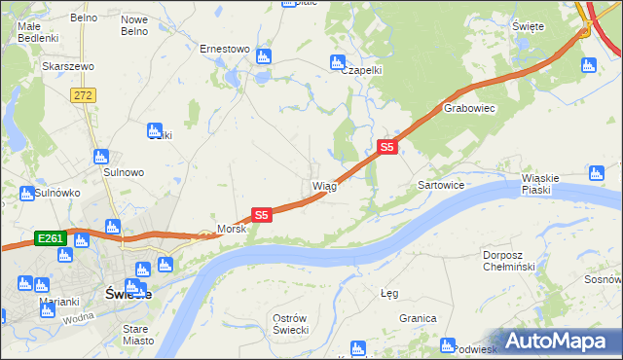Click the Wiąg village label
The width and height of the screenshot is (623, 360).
324,186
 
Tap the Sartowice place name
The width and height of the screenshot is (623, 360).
440,185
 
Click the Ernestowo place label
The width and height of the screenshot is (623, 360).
225,49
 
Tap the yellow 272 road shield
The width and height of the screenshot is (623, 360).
83,94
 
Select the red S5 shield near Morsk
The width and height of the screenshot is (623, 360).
261,214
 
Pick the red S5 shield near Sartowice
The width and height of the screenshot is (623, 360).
386,147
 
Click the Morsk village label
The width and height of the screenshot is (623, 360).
232,230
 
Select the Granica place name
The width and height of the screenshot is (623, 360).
417,318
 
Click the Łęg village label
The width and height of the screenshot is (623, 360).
389,293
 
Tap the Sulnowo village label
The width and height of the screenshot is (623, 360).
124,172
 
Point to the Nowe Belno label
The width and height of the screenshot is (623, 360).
133,24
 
